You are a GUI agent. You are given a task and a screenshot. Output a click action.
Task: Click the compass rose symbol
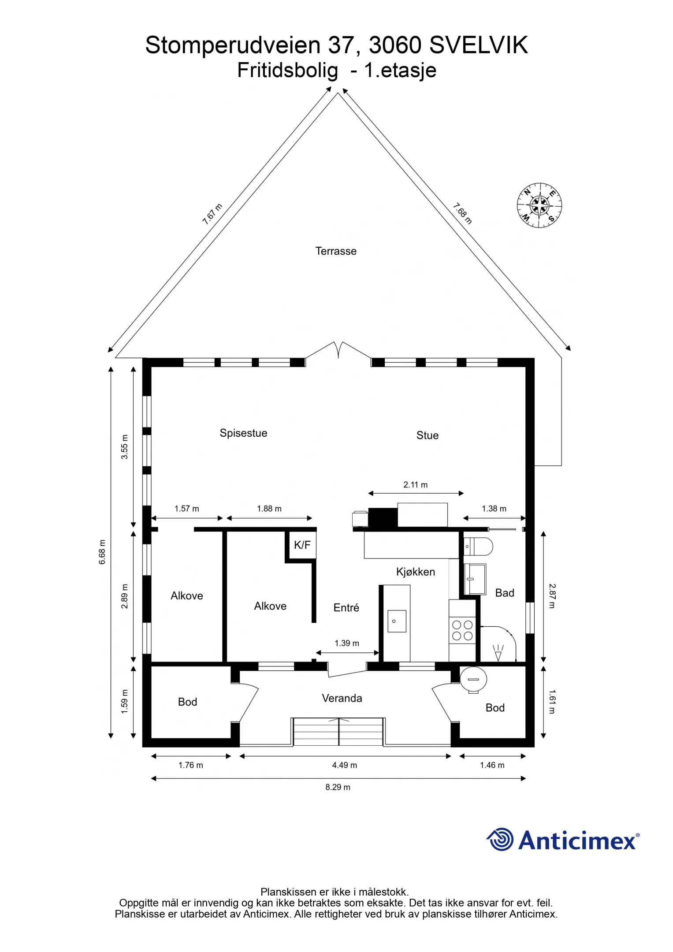pyautogui.click(x=539, y=205)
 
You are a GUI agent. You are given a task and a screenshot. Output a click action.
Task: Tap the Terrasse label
pyautogui.click(x=336, y=251)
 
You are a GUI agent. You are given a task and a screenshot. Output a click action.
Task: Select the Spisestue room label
pyautogui.click(x=243, y=433)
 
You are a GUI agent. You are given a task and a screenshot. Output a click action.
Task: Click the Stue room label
pyautogui.click(x=428, y=435)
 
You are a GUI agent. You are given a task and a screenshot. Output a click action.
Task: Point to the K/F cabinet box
pyautogui.click(x=302, y=545)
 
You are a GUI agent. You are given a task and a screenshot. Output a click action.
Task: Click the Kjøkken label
pyautogui.click(x=416, y=572)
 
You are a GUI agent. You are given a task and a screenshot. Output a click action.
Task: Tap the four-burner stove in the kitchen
pyautogui.click(x=462, y=630)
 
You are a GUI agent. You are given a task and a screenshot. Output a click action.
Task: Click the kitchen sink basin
pyautogui.click(x=397, y=621)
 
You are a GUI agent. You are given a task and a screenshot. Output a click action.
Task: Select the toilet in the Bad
pyautogui.click(x=478, y=547)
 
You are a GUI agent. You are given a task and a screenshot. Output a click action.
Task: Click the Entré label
pyautogui.click(x=346, y=608)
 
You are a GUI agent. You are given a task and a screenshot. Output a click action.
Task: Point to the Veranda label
pyautogui.click(x=342, y=698)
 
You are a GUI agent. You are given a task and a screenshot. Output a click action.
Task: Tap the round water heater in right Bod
pyautogui.click(x=473, y=680)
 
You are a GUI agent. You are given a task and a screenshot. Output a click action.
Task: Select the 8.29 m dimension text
pyautogui.click(x=338, y=787)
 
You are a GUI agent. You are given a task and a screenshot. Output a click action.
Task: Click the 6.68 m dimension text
pyautogui.click(x=102, y=552)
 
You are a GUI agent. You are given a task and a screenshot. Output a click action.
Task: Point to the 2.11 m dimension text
pyautogui.click(x=416, y=485)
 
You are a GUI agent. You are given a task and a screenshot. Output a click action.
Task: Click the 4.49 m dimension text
pyautogui.click(x=345, y=765)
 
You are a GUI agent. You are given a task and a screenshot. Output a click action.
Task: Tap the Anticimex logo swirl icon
pyautogui.click(x=500, y=839)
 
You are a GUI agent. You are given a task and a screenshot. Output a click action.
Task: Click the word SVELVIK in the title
pyautogui.click(x=479, y=45)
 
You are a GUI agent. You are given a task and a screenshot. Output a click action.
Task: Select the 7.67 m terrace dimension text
pyautogui.click(x=212, y=214)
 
